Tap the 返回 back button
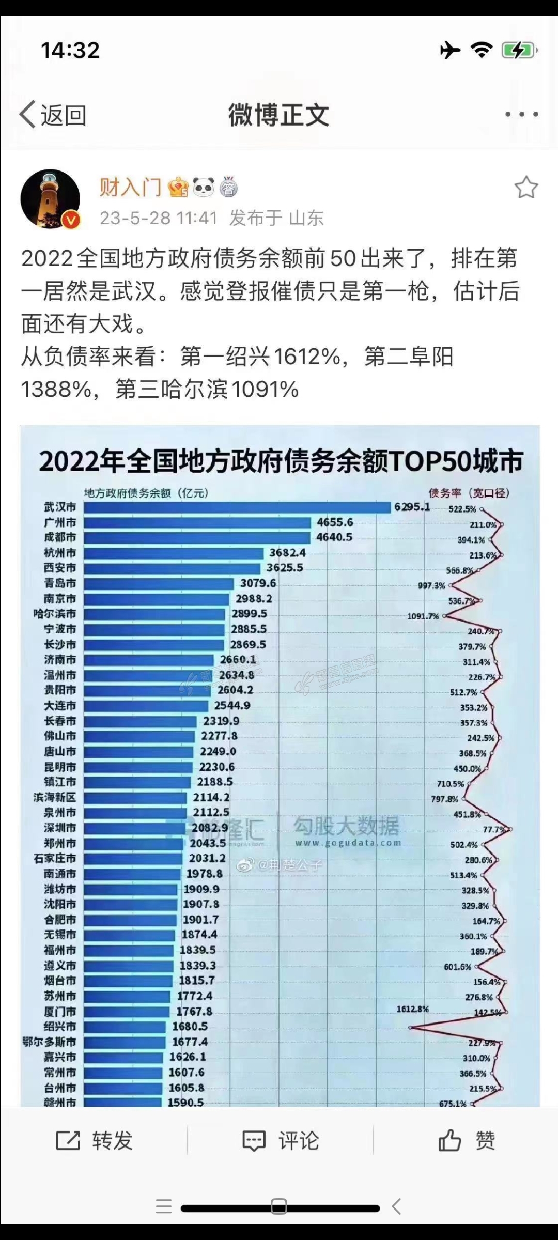53,114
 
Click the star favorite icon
526,187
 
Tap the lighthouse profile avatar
50,199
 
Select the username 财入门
130,187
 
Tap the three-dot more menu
521,114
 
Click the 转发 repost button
95,1140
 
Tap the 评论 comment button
281,1140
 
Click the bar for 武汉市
237,507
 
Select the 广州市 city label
60,522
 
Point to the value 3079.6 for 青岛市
258,583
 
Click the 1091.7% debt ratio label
423,616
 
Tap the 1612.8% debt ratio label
412,1009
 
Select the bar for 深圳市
134,828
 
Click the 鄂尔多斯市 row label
49,1042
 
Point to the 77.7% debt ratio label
493,829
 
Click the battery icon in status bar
519,50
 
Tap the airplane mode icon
450,50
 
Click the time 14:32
70,50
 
